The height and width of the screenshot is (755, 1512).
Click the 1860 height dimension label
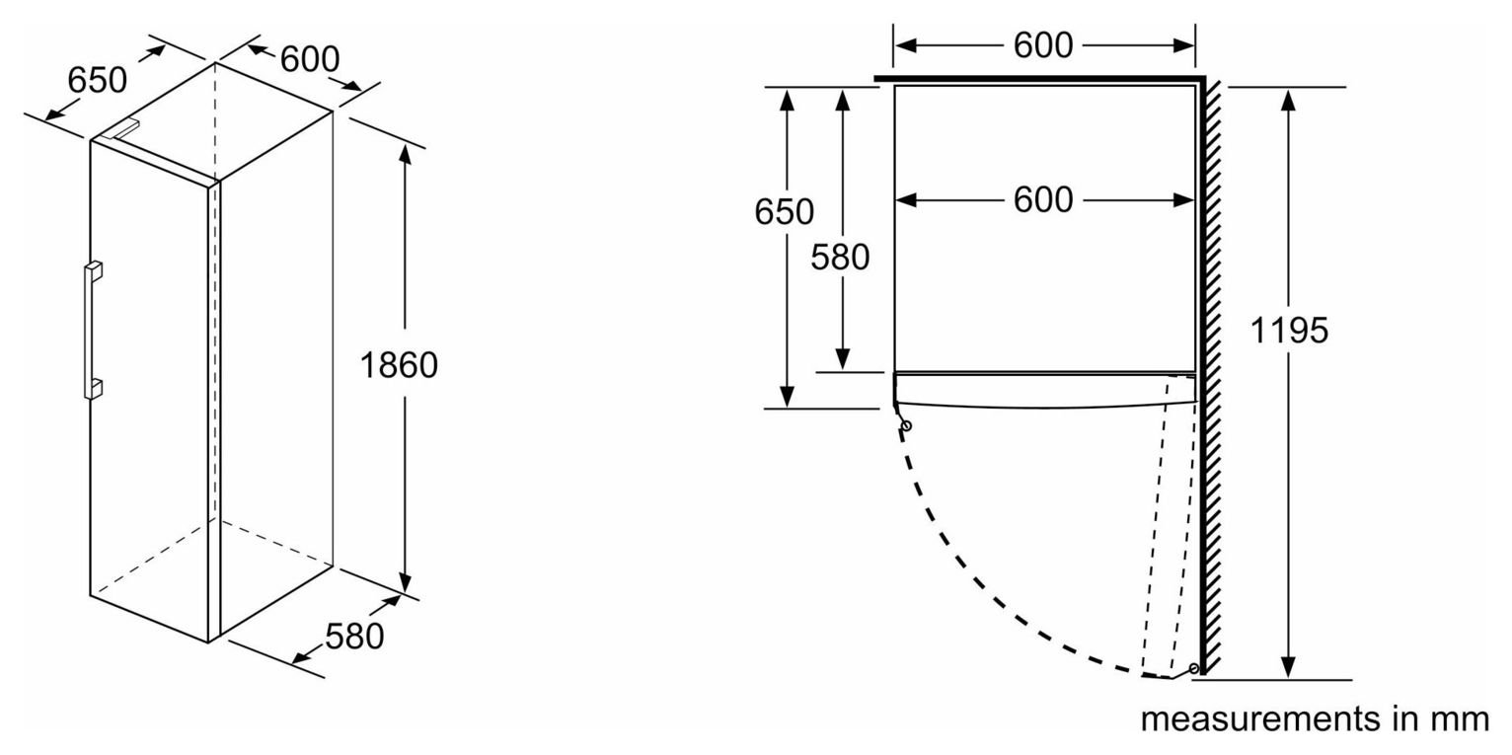399,366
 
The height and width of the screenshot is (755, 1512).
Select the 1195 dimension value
1289,331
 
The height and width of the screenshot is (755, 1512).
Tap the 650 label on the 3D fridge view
97,80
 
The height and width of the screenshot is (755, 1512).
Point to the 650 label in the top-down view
784,212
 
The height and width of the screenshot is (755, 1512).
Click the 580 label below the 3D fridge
354,637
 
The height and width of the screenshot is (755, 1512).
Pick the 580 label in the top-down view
840,257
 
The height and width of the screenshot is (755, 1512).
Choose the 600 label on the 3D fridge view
310,59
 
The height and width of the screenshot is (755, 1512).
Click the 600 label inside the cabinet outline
1043,200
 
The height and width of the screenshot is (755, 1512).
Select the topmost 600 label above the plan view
1043,45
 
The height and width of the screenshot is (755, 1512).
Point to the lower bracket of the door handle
94,389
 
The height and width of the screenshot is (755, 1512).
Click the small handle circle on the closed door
907,425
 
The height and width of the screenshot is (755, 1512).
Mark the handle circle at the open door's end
1194,668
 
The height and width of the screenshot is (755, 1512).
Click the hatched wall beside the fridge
1213,378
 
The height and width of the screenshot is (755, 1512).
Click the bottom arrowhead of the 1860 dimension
405,581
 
